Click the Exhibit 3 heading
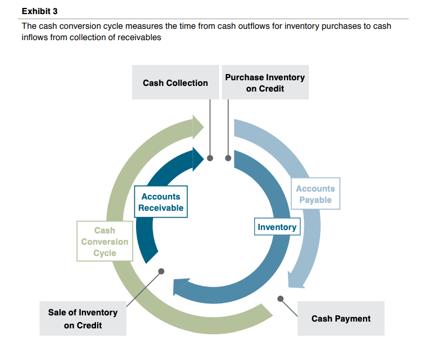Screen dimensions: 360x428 tap(40, 11)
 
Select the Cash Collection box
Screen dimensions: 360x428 tap(175, 83)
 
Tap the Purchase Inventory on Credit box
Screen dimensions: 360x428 tap(265, 83)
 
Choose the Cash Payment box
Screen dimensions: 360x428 tap(340, 318)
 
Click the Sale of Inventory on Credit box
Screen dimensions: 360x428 tap(82, 319)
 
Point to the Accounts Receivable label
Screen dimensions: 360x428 tap(161, 202)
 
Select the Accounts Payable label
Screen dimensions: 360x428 tap(315, 194)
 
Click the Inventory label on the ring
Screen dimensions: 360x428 tap(277, 227)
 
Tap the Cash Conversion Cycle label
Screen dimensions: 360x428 tap(104, 241)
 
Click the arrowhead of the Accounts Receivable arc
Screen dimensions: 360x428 tap(198, 159)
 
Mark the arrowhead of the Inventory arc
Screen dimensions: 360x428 tap(180, 287)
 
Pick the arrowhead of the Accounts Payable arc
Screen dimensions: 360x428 tap(296, 279)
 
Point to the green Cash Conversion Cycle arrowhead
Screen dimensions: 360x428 tap(198, 127)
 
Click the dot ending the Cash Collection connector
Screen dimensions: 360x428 tap(210, 158)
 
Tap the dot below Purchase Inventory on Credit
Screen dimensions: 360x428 tap(228, 158)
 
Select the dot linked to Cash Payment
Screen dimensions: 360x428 tap(280, 298)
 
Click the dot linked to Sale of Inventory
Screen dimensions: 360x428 tap(161, 271)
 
